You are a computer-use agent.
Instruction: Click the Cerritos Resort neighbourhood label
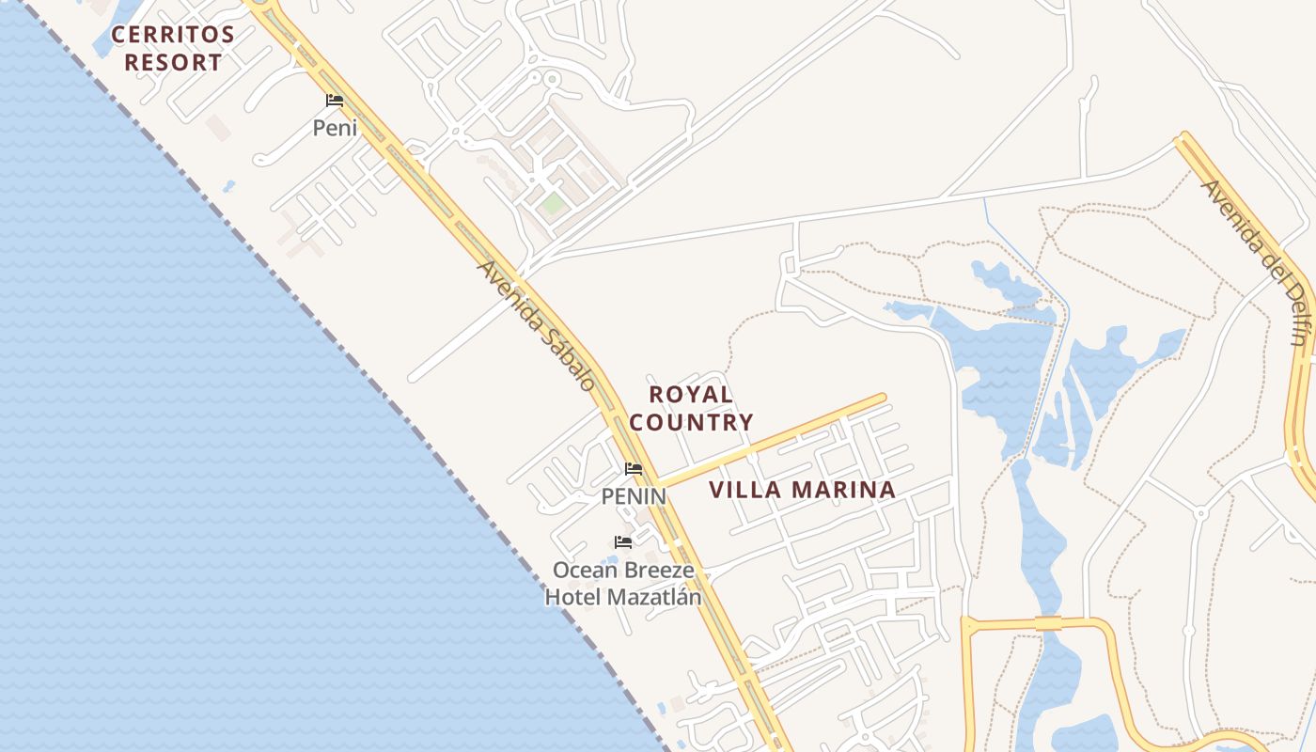(x=173, y=49)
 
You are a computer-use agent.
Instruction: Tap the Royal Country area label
(x=691, y=408)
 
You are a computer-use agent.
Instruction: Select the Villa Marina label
(x=802, y=490)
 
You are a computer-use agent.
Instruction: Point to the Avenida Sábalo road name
(x=536, y=325)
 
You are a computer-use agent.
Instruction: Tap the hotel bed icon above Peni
(x=335, y=101)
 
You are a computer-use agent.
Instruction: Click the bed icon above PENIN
(x=634, y=469)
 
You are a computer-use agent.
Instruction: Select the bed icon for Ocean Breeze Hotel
(x=623, y=542)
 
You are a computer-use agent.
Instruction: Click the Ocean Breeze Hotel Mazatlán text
(x=623, y=584)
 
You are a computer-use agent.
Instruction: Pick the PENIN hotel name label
(x=634, y=495)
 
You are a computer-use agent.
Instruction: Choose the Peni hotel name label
(x=336, y=128)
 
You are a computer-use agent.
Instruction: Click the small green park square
(x=553, y=203)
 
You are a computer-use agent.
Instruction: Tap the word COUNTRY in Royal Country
(x=691, y=423)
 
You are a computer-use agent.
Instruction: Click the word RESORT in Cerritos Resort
(x=174, y=63)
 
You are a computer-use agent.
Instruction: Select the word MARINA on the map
(x=844, y=490)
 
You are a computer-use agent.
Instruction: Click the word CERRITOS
(x=173, y=35)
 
